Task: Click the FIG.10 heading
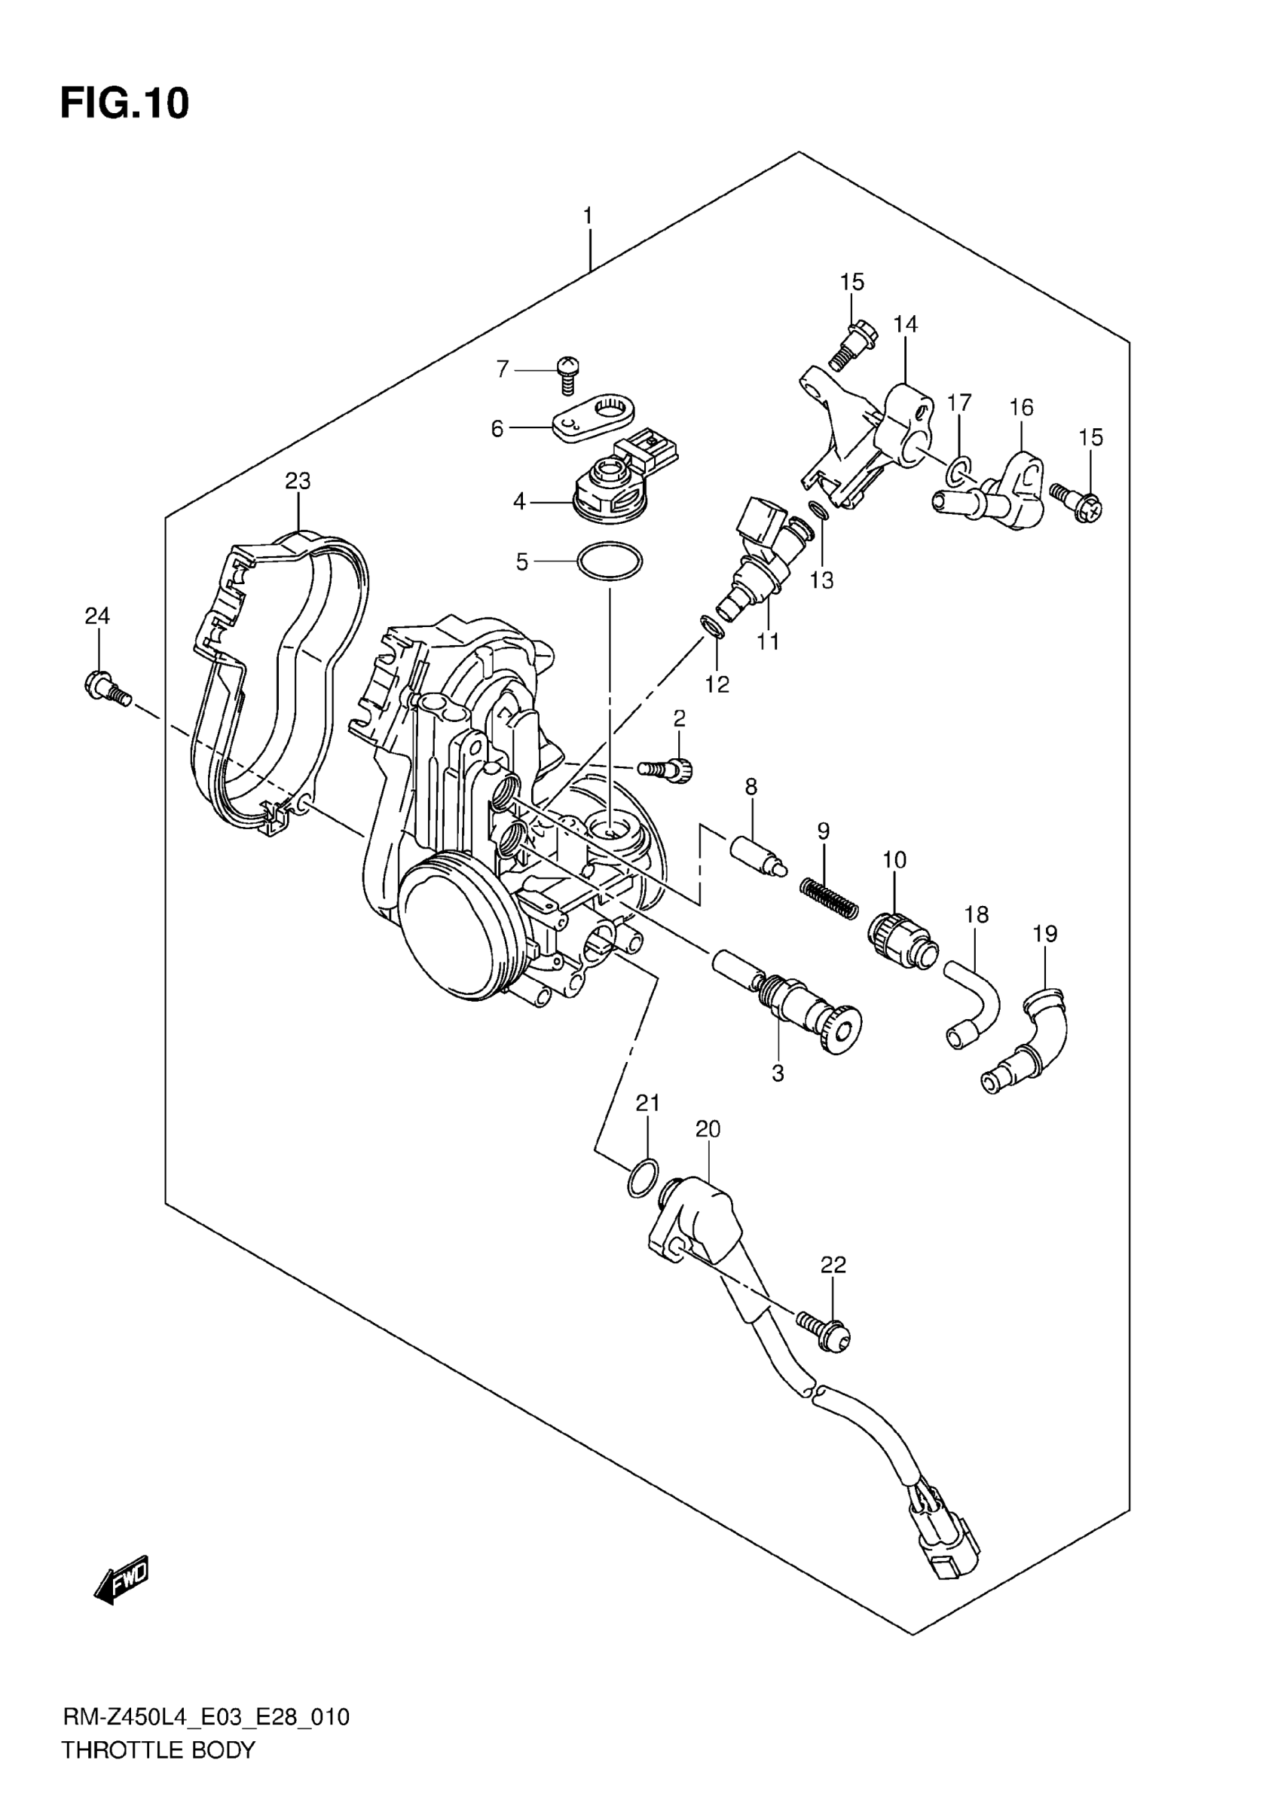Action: point(124,103)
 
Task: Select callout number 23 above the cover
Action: point(298,481)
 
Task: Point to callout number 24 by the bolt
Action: point(97,616)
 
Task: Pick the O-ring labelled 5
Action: point(610,561)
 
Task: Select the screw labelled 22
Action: point(824,1329)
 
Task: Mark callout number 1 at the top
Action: point(588,216)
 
